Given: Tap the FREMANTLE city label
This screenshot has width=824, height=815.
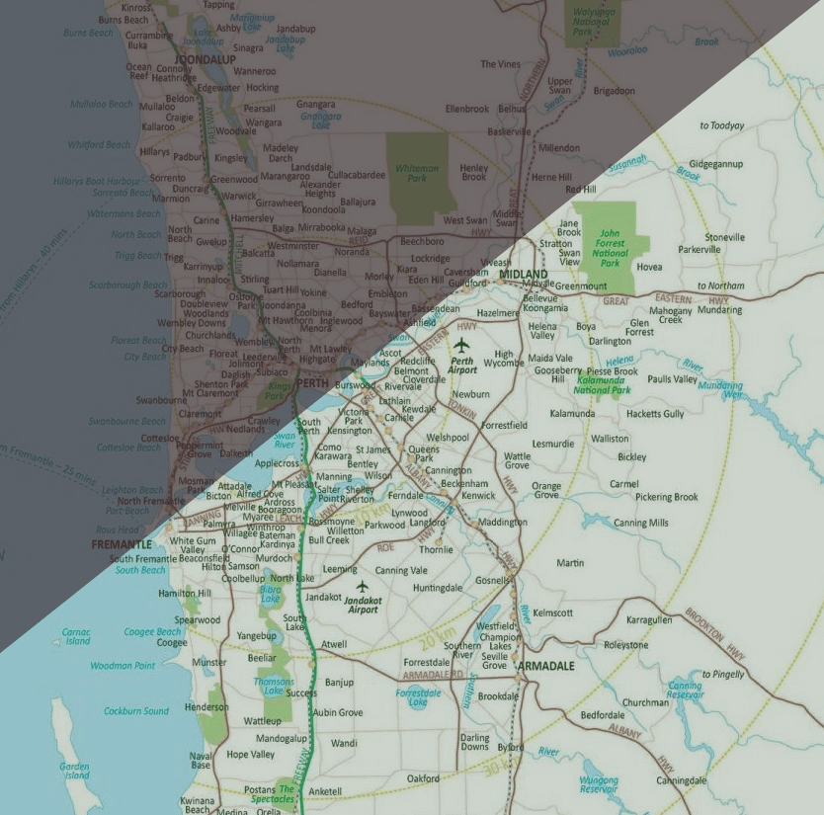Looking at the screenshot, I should pos(121,544).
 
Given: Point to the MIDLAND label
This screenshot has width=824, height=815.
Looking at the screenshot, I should pos(523,274).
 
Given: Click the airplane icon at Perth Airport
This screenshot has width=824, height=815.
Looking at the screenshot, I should pos(461,345).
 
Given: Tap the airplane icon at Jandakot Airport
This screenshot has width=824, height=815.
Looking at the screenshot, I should pos(362,586).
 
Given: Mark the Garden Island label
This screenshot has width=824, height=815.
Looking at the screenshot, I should pos(74,771).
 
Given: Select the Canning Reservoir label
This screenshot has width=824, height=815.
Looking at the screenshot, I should pos(685,690).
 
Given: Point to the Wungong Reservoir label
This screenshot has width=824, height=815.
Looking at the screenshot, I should pos(599,783).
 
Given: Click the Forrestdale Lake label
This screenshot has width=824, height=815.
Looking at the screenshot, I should pos(418,697).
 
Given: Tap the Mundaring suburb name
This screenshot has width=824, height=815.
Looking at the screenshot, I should pos(719,309).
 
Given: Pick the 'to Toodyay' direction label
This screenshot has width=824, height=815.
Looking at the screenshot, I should pos(721,125).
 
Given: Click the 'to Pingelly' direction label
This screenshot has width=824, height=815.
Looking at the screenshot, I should pos(722,674).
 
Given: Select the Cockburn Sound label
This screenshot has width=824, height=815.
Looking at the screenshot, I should pos(136,711).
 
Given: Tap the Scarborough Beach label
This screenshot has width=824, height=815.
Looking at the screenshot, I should pos(128,285).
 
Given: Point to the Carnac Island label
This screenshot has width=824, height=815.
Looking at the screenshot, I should pos(76,635).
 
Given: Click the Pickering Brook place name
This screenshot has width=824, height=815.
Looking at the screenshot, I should pos(666,497).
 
